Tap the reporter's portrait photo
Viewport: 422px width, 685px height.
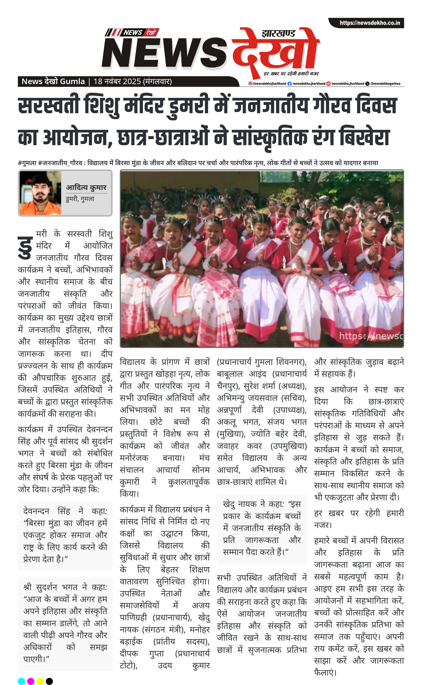tap(40, 193)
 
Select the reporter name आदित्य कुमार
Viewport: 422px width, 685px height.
tap(86, 187)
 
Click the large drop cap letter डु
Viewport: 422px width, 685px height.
tap(26, 247)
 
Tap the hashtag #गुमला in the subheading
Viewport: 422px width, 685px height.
tap(27, 163)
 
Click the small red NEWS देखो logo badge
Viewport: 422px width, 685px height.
tap(132, 32)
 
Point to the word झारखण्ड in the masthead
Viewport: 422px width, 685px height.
tap(278, 34)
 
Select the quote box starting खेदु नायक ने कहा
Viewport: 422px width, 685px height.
tap(262, 528)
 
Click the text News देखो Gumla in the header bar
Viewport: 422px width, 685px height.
tap(53, 81)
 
